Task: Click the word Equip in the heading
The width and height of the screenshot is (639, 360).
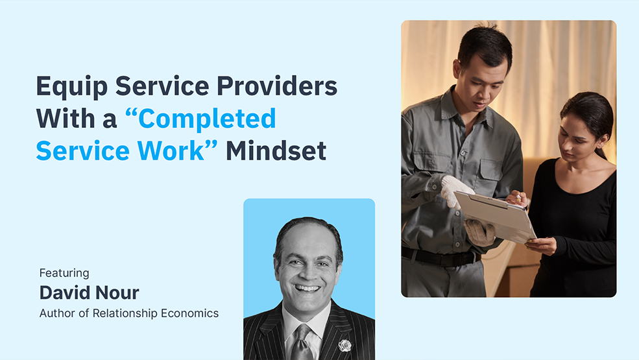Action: click(x=66, y=87)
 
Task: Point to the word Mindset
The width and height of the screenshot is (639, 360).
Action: click(x=276, y=151)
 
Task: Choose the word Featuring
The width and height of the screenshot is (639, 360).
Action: click(x=64, y=273)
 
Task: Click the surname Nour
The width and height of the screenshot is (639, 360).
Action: click(x=115, y=293)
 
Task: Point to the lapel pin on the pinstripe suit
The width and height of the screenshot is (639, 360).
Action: click(x=344, y=345)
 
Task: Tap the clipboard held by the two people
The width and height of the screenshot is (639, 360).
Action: click(x=494, y=214)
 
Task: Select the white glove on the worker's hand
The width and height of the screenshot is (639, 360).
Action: click(x=455, y=191)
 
